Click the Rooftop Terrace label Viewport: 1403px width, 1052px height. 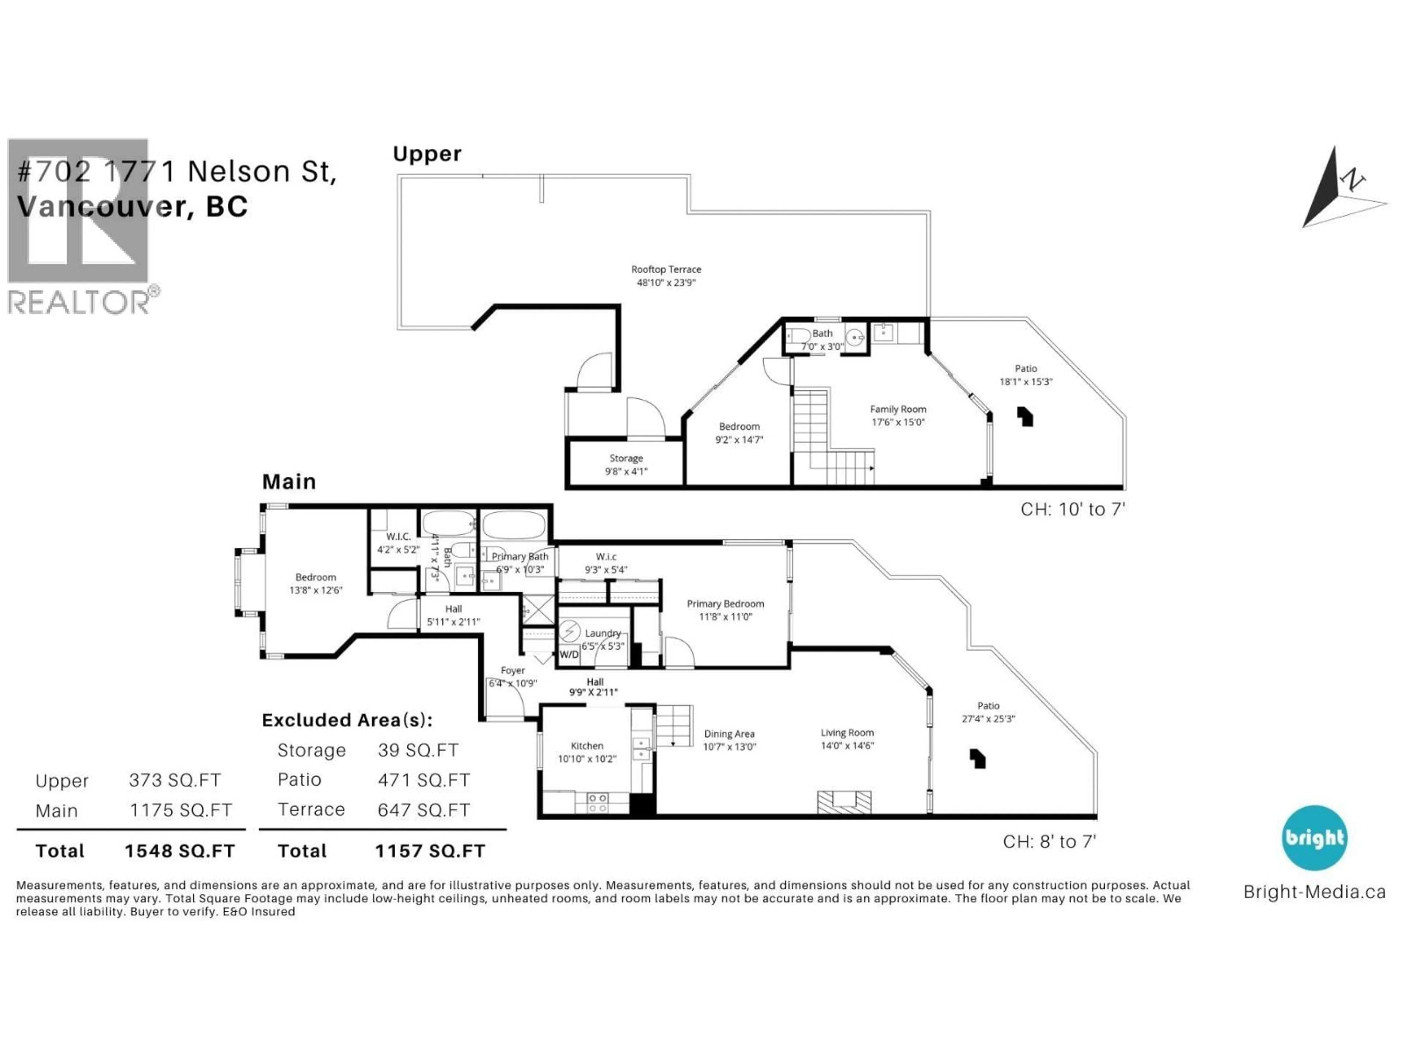point(666,270)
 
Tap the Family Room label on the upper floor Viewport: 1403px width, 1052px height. point(897,409)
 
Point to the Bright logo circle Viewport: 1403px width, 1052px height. point(1314,838)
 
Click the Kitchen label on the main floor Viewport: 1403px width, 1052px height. point(587,746)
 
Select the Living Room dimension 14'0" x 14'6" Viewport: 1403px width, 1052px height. point(847,746)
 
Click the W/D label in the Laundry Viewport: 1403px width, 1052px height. point(568,655)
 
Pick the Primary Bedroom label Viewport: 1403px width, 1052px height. point(725,604)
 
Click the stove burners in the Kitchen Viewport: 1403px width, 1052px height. point(597,803)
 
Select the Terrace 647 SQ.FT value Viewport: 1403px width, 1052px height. point(424,810)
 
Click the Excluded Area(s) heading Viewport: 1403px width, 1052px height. point(347,720)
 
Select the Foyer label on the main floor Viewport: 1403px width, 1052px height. point(513,670)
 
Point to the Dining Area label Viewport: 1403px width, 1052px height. point(729,734)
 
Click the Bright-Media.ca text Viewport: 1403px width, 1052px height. point(1314,892)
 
